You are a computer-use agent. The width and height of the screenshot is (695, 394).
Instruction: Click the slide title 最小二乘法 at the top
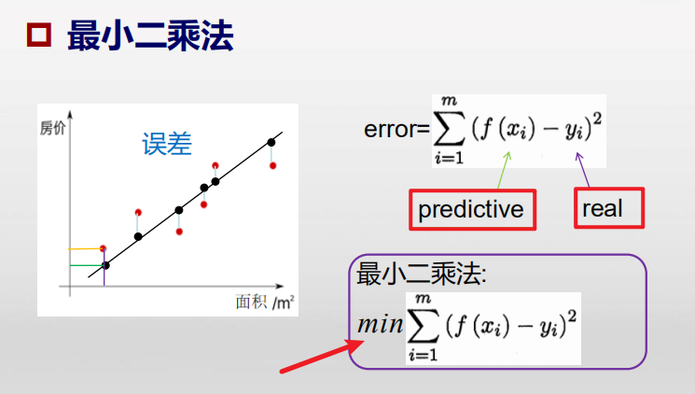pos(150,36)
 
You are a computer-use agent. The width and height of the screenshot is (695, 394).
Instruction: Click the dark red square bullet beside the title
pos(39,37)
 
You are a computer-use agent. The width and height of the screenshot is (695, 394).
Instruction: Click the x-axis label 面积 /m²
pos(265,302)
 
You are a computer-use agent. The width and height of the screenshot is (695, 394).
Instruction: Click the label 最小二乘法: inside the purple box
pos(423,275)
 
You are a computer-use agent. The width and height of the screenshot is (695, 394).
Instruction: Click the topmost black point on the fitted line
pos(271,142)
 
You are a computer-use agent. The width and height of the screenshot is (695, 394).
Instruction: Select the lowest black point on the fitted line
pos(104,266)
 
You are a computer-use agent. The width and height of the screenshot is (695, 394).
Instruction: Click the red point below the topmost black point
pos(272,166)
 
